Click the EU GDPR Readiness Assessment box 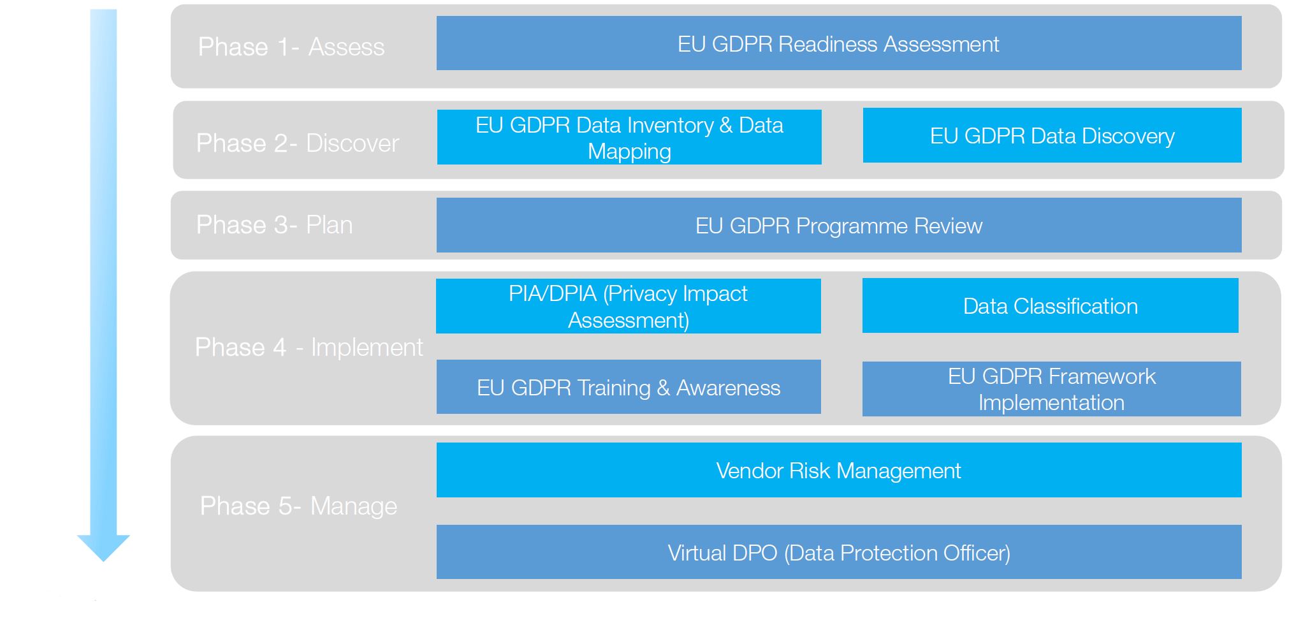coord(839,43)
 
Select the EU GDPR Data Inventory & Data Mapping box coord(629,137)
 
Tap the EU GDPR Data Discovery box coord(1052,135)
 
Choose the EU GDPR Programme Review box coord(839,225)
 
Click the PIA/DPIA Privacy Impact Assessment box coord(629,306)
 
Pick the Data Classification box coord(1051,305)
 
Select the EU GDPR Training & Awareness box coord(629,387)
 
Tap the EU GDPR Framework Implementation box coord(1052,389)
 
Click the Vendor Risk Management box coord(839,470)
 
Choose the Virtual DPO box coord(839,552)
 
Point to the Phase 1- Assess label coord(291,47)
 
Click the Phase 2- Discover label coord(298,143)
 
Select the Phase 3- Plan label coord(274,225)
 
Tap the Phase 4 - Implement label coord(309,348)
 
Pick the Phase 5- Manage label coord(298,506)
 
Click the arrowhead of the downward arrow coord(103,547)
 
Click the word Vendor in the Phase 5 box coord(750,471)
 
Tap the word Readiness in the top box coord(828,44)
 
